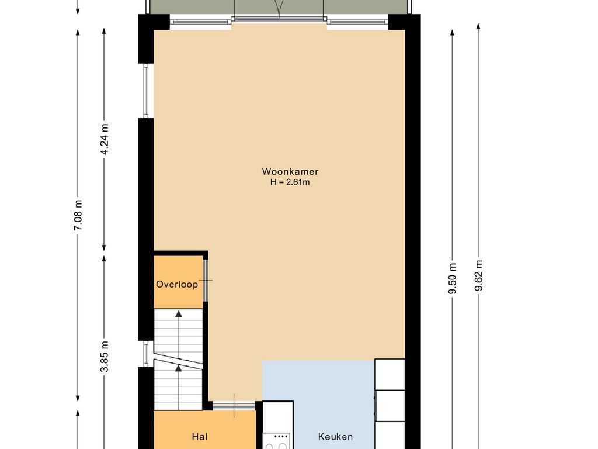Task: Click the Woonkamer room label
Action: [290, 172]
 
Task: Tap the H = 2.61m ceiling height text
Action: [290, 182]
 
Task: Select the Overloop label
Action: [177, 285]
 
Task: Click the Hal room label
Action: [200, 436]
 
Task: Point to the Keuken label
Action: [335, 436]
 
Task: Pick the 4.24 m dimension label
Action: [104, 139]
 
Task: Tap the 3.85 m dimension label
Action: [104, 356]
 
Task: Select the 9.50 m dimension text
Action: [453, 279]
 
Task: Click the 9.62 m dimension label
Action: [478, 276]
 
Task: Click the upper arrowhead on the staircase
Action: [179, 314]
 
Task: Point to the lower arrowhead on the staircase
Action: [179, 368]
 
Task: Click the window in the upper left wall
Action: [145, 91]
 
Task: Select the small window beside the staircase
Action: [145, 354]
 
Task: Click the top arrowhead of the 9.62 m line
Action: [478, 26]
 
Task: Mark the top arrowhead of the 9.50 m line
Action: [453, 33]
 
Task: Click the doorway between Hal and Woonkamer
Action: [234, 406]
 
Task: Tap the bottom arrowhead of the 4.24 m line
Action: [104, 248]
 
